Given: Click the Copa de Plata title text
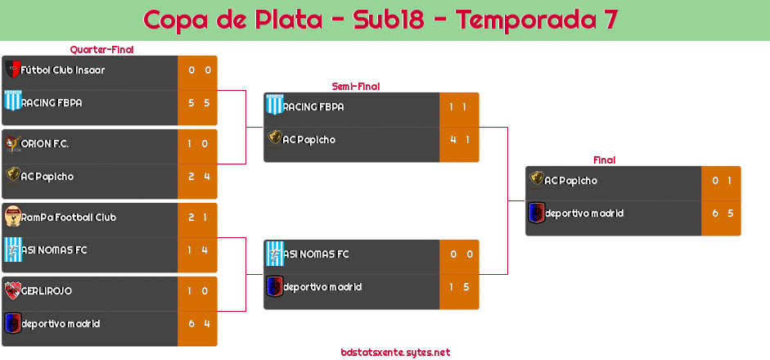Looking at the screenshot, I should click(380, 20).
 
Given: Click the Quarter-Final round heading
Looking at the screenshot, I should click(101, 49).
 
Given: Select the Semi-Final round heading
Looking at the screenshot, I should click(354, 86).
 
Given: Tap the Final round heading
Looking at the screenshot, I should click(603, 160).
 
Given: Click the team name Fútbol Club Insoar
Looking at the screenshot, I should click(63, 70).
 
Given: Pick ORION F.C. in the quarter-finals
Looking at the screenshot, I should click(45, 144).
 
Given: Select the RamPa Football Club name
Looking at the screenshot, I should click(69, 218).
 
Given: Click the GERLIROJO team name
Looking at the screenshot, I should click(47, 291).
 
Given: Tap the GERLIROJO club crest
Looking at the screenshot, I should click(12, 290).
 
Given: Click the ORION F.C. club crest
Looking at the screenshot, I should click(12, 143).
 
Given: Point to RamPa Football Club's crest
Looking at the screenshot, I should click(12, 217).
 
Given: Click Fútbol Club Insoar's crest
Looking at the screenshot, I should click(12, 70).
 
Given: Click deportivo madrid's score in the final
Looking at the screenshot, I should click(721, 214).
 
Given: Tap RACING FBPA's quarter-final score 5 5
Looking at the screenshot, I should click(198, 103).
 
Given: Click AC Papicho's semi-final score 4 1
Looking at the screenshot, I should click(459, 140).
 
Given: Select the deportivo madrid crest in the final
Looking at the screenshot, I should click(536, 214).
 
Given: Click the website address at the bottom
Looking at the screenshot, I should click(395, 353).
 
